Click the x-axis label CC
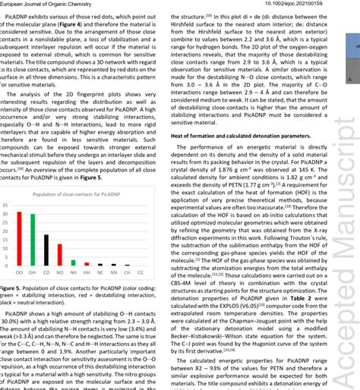pos(140,272)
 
